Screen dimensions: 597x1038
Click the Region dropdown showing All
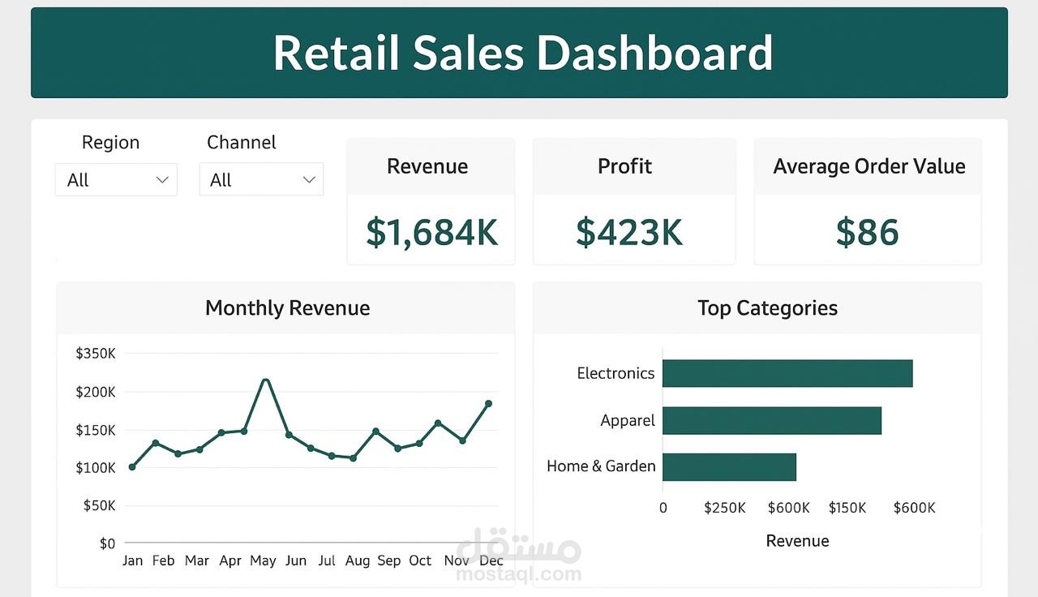pyautogui.click(x=116, y=180)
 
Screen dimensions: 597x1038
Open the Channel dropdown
pyautogui.click(x=261, y=180)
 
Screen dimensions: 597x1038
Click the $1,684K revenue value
pyautogui.click(x=431, y=232)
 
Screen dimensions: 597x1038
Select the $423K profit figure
pyautogui.click(x=629, y=232)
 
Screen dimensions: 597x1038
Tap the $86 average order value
pyautogui.click(x=867, y=232)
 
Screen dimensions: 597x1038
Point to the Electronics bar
pyautogui.click(x=787, y=373)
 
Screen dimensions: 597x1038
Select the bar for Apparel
pyautogui.click(x=772, y=421)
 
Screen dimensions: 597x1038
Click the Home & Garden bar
pyautogui.click(x=729, y=467)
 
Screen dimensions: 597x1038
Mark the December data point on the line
pyautogui.click(x=488, y=403)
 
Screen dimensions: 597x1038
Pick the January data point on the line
pyautogui.click(x=132, y=467)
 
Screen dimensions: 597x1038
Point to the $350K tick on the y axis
pyautogui.click(x=96, y=353)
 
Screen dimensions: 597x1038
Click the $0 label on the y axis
pyautogui.click(x=107, y=543)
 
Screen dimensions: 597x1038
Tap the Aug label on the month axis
pyautogui.click(x=357, y=560)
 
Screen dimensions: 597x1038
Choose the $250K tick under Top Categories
pyautogui.click(x=724, y=508)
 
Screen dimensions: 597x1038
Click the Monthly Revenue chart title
pyautogui.click(x=287, y=308)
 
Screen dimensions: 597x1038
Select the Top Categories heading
pyautogui.click(x=767, y=308)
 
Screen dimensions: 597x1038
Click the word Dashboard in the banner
pyautogui.click(x=654, y=53)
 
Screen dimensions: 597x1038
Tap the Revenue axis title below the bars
pyautogui.click(x=797, y=541)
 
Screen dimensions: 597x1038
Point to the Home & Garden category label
pyautogui.click(x=601, y=466)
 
